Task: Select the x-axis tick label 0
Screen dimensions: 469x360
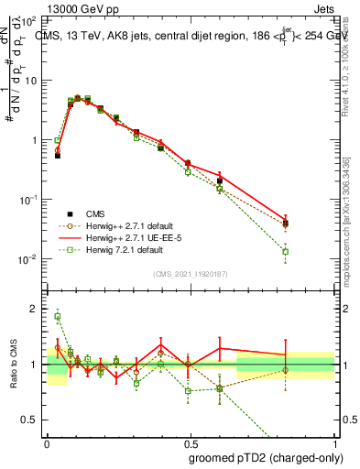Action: coord(47,441)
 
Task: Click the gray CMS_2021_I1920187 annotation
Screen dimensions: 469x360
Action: coord(190,272)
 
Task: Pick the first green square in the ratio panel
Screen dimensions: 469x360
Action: coord(58,317)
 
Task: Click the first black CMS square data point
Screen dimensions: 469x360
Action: coord(58,156)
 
